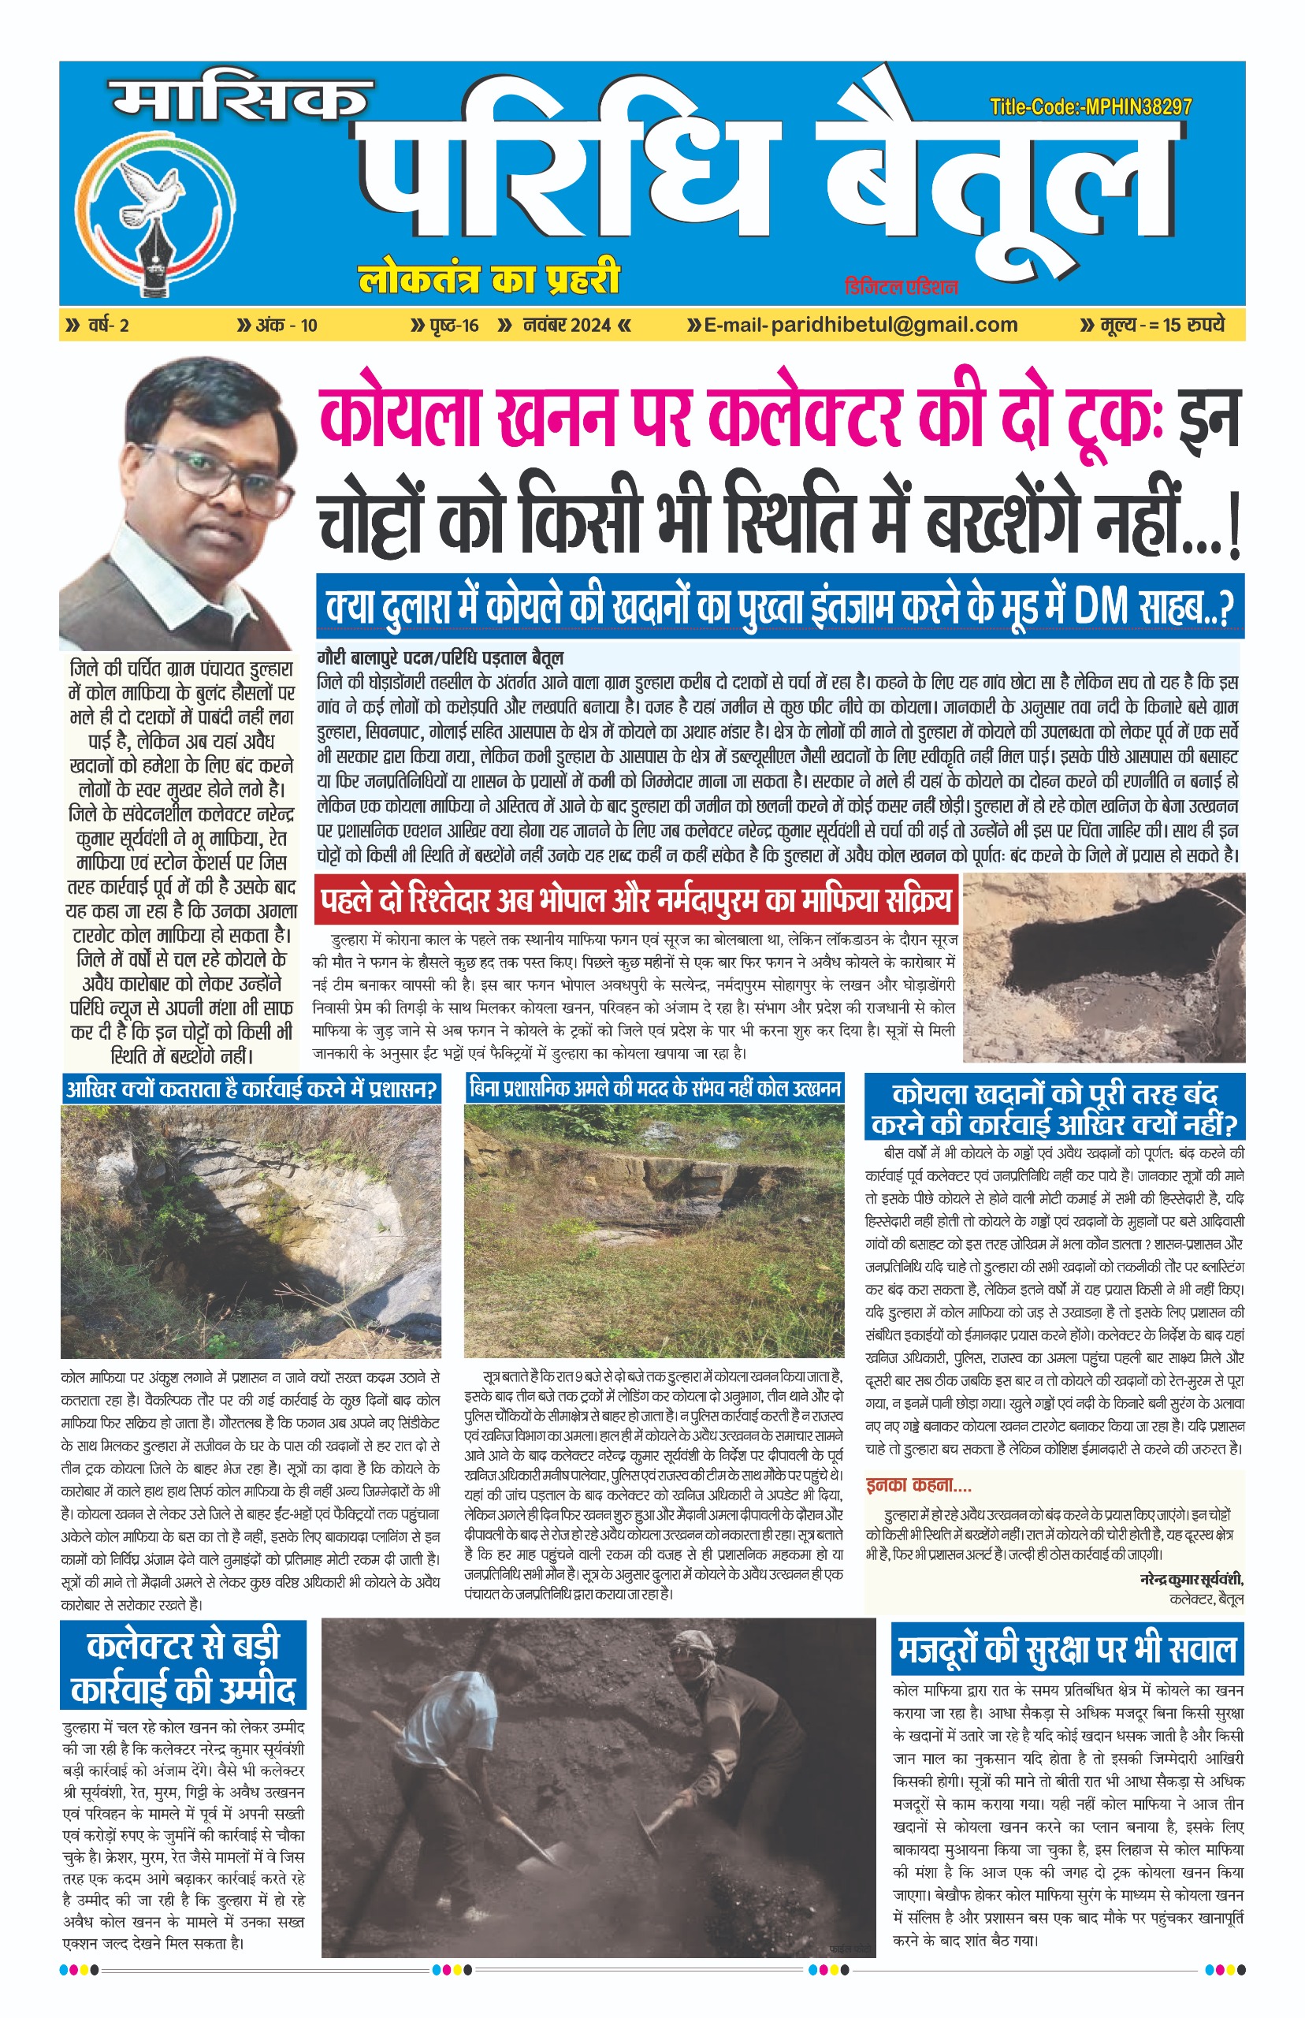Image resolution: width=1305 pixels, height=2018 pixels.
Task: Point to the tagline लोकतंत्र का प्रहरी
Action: tap(489, 278)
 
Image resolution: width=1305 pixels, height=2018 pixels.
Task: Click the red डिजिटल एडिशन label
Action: tap(901, 286)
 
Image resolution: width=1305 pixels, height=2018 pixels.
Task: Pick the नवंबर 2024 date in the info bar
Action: tap(567, 326)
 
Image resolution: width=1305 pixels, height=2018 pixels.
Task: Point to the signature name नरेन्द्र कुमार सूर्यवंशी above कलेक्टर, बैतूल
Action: tap(1192, 1579)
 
